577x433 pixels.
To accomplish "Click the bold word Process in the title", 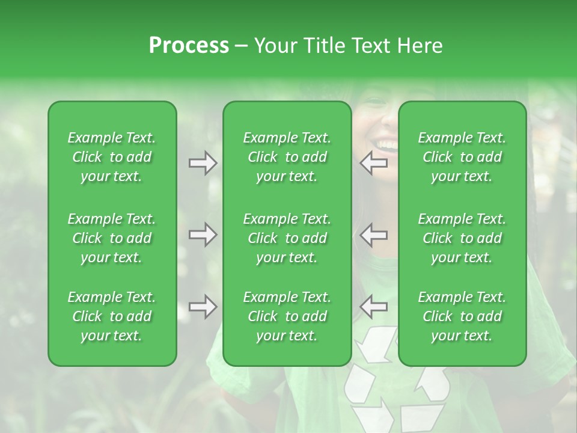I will point(189,46).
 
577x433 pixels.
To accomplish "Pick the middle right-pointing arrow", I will point(203,235).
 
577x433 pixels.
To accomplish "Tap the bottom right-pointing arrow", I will point(203,307).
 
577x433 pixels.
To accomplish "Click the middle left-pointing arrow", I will point(374,235).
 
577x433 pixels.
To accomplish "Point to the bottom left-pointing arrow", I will point(374,307).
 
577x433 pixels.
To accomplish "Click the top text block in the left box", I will point(112,157).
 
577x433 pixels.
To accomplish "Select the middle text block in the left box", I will point(112,238).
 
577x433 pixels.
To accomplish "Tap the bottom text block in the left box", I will point(112,316).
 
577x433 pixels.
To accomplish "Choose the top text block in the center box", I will point(287,157).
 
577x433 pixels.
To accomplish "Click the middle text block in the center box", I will point(287,238).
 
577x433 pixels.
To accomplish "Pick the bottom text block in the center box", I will point(287,316).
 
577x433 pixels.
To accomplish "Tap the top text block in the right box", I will point(462,157).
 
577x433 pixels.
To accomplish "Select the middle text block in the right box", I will point(462,238).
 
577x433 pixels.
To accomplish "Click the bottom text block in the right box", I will point(462,316).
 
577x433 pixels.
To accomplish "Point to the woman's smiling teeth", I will point(386,145).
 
